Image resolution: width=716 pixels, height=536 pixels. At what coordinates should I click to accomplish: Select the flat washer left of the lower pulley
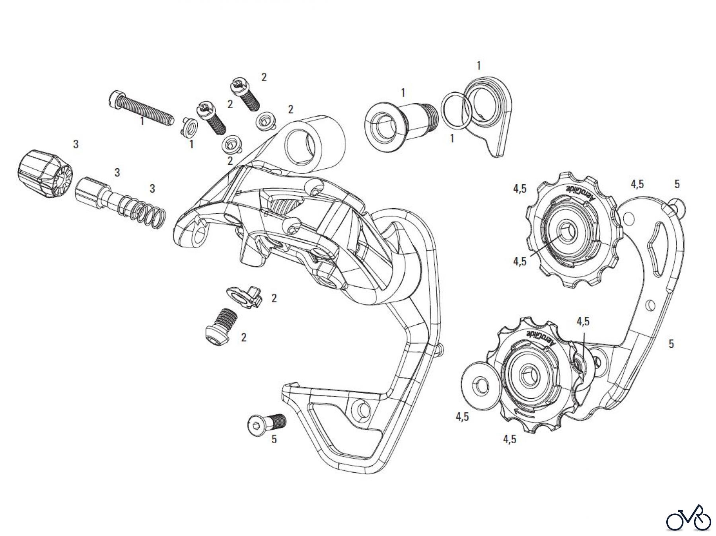click(x=480, y=384)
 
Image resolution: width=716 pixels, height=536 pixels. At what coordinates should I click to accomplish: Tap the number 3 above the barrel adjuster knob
click(x=76, y=144)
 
